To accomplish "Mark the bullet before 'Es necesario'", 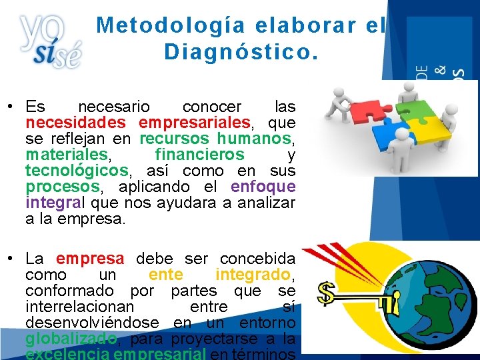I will pos(12,107).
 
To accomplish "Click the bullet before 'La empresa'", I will pos(12,258).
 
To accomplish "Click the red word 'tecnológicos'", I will pos(76,171).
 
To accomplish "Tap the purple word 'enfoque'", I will pos(263,187).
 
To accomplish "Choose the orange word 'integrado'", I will pos(253,274).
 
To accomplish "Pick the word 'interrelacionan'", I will pos(79,307).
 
